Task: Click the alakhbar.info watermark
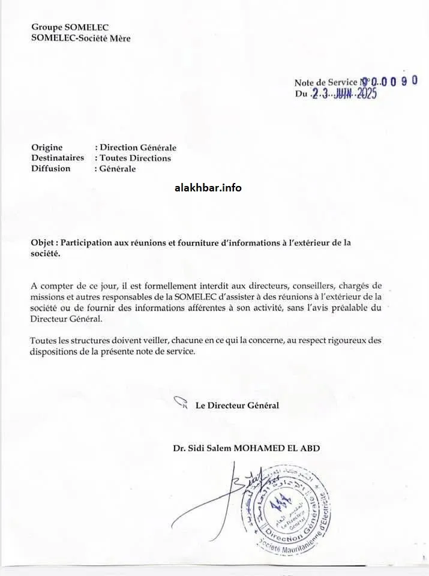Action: [208, 188]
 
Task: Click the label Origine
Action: [47, 148]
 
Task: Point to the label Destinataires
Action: [58, 158]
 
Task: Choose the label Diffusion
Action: [50, 169]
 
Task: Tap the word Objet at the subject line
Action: [43, 243]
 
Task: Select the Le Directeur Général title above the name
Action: [237, 406]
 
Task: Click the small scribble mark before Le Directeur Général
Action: [181, 403]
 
